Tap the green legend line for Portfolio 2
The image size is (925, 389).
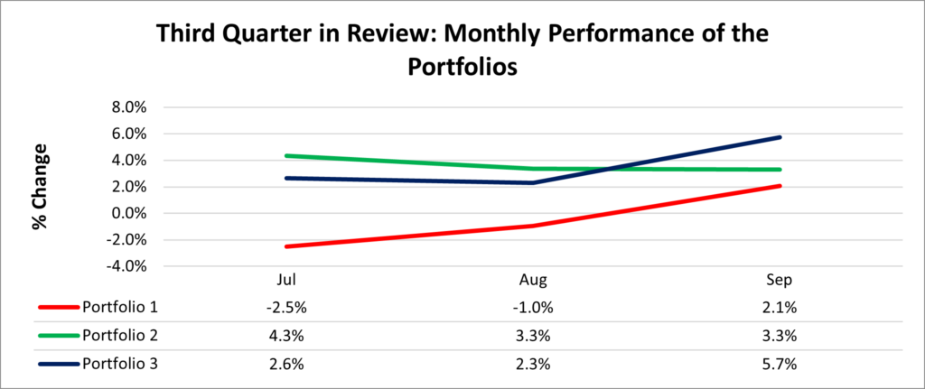pos(58,336)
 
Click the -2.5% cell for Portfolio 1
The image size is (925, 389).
pos(288,306)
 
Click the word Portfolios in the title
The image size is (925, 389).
pos(462,69)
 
